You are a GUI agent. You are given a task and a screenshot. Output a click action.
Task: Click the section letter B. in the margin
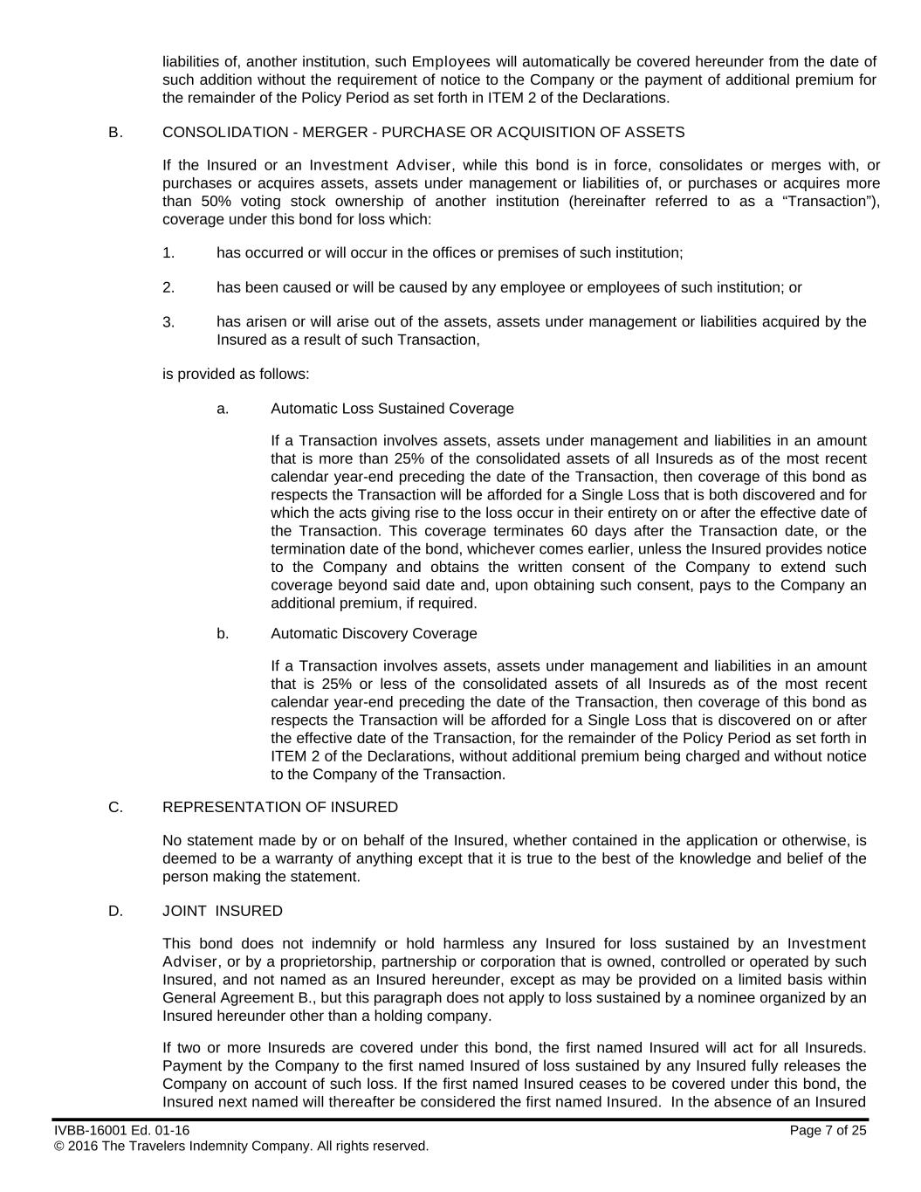(115, 133)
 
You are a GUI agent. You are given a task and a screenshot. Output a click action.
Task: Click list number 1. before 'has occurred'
(168, 253)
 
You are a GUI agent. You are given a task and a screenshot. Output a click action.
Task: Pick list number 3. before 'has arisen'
(168, 322)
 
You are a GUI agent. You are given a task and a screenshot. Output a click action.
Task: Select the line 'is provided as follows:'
(236, 375)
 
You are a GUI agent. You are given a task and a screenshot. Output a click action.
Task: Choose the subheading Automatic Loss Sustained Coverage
(392, 409)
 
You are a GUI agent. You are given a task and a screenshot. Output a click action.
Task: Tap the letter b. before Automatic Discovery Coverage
(223, 634)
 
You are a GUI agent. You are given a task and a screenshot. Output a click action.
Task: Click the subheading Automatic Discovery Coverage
(374, 634)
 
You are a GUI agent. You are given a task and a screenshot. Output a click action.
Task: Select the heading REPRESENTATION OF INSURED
(280, 808)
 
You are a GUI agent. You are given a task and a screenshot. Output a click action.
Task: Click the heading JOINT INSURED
(223, 912)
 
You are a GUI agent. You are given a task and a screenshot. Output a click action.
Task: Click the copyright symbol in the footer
(59, 1147)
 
